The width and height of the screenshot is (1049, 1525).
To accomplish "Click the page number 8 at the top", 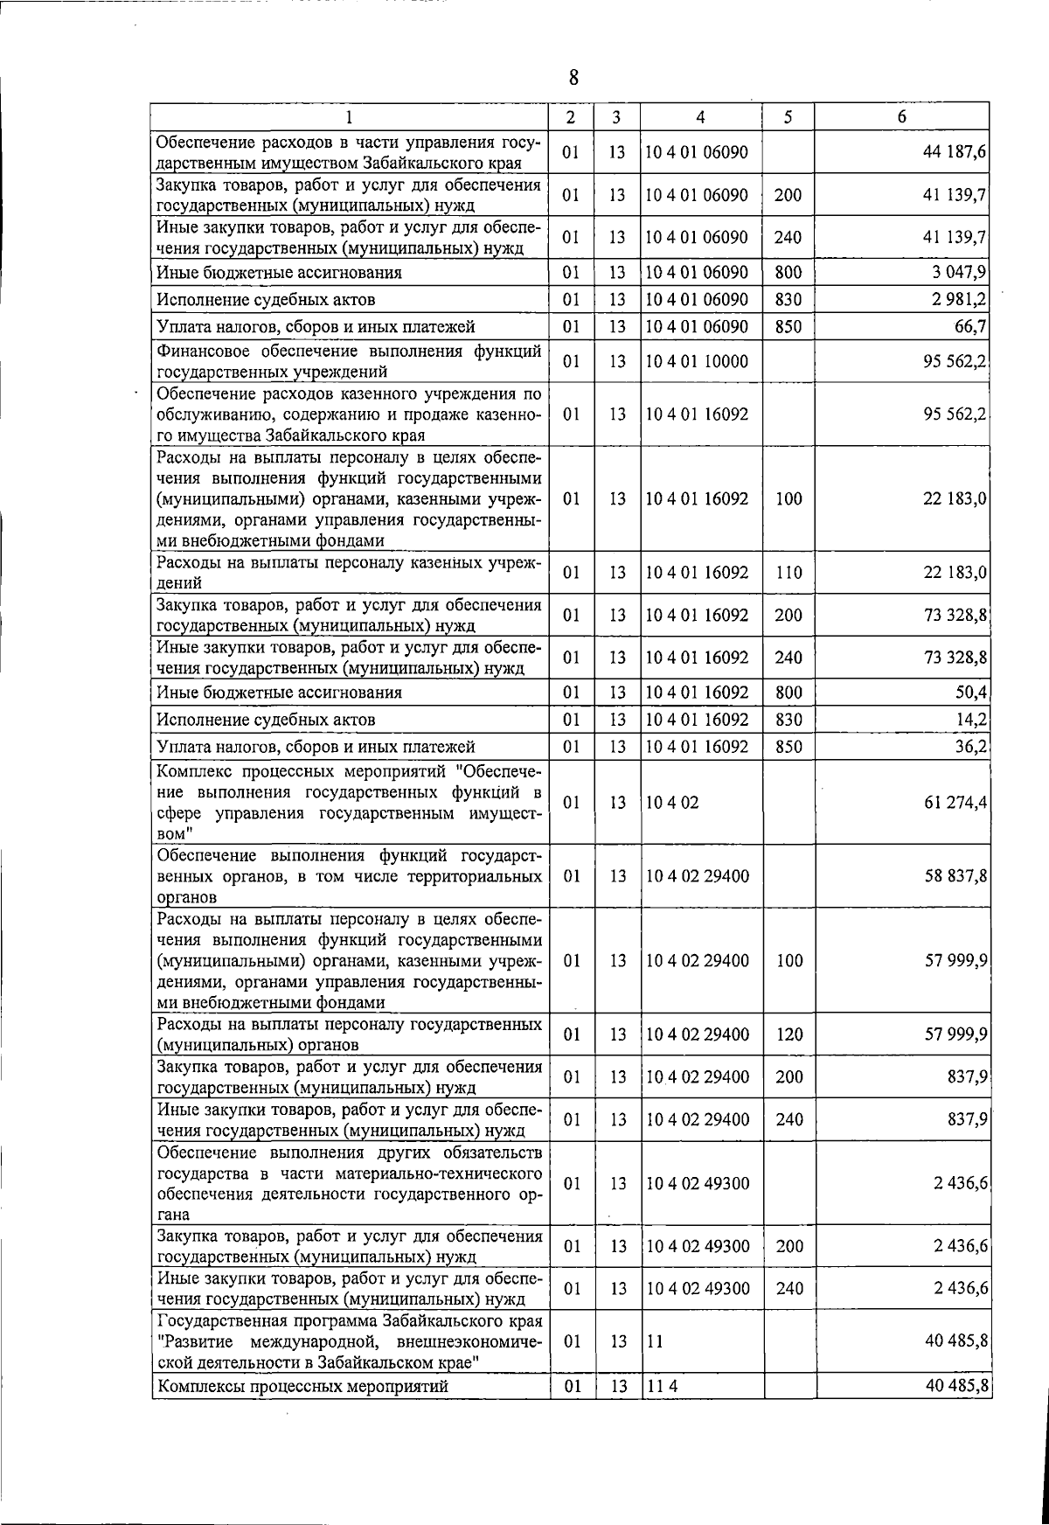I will pyautogui.click(x=573, y=78).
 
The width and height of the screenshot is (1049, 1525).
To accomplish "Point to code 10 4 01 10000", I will pyautogui.click(x=696, y=361).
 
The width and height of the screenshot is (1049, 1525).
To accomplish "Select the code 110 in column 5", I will pyautogui.click(x=788, y=574).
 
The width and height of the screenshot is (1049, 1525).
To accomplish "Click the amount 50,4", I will pyautogui.click(x=972, y=693).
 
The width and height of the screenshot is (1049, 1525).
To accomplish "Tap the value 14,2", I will pyautogui.click(x=972, y=720).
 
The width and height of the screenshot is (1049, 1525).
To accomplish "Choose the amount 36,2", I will pyautogui.click(x=972, y=747).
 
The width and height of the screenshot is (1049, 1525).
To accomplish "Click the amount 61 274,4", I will pyautogui.click(x=955, y=803).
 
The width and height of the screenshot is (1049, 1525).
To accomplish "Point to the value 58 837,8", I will pyautogui.click(x=955, y=876).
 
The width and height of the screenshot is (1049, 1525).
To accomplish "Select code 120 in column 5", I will pyautogui.click(x=788, y=1034).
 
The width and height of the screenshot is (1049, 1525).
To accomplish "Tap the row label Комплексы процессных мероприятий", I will pyautogui.click(x=302, y=1387).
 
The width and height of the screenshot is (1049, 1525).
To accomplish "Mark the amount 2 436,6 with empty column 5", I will pyautogui.click(x=960, y=1183).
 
